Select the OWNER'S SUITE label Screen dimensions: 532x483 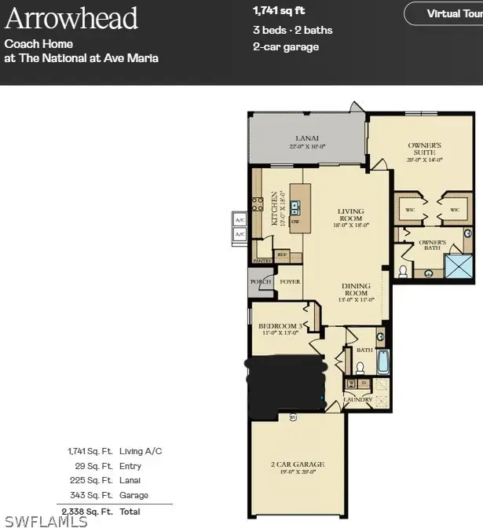425,149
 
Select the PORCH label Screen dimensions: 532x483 260,281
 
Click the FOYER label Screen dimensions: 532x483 290,281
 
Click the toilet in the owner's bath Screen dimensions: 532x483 404,271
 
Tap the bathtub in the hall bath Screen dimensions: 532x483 382,361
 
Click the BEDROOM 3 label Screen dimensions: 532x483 280,328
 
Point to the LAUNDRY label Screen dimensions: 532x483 357,399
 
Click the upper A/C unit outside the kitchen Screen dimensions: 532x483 240,221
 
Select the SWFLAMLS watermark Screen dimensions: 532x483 46,521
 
